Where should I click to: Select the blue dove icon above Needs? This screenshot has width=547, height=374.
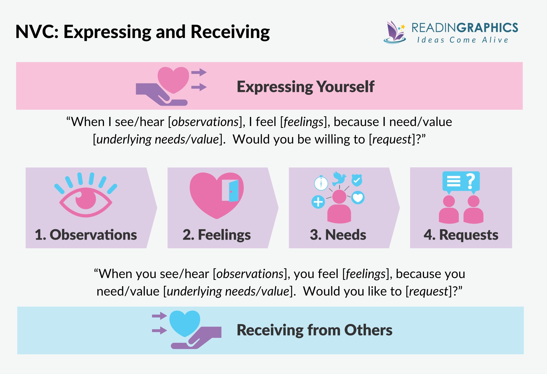point(339,178)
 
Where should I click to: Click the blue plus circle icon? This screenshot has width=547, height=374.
point(318,202)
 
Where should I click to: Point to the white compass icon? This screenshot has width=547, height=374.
point(321,183)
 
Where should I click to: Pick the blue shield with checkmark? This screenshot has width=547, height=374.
point(357,180)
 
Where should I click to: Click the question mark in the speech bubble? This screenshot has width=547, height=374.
point(470,181)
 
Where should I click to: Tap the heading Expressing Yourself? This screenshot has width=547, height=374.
point(305,87)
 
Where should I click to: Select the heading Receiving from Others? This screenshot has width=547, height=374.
point(314,330)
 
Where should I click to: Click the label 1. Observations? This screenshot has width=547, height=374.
point(86,235)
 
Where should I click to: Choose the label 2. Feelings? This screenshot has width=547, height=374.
point(217,235)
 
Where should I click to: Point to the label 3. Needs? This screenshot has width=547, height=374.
point(338,235)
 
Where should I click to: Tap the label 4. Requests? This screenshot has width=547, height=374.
point(461,235)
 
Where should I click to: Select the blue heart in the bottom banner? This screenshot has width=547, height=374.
point(185,323)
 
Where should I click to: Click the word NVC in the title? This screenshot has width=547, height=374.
point(36,32)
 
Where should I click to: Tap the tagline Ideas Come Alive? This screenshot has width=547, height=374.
point(462,40)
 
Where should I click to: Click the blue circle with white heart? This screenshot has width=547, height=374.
point(358,198)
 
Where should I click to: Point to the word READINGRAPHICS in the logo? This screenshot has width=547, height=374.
point(465,28)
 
